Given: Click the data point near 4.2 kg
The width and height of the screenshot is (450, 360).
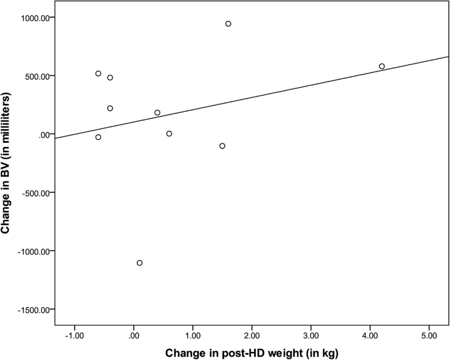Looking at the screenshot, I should [382, 66].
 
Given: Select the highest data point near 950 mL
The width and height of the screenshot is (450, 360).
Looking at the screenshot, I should [228, 24].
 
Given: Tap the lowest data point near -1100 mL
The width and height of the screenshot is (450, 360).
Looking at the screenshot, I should [139, 263].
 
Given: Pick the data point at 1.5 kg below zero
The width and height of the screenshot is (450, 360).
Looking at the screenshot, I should [222, 146].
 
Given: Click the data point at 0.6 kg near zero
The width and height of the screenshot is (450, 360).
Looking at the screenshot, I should [169, 134].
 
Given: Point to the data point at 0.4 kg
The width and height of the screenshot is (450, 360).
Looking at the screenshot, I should [157, 113].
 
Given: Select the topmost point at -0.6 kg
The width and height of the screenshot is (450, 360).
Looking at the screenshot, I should [98, 73].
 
